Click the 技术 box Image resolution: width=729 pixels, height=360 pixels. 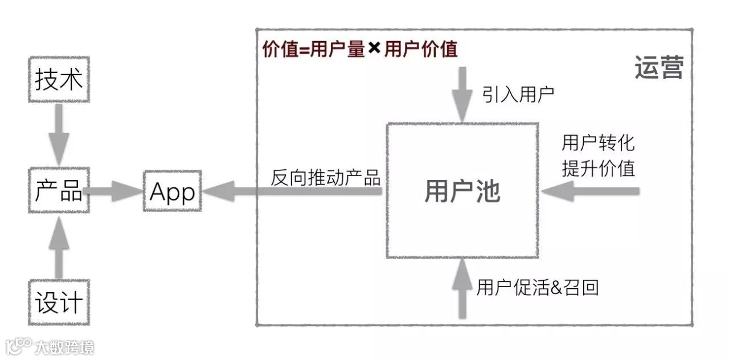[x=59, y=80]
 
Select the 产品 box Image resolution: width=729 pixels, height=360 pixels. [x=59, y=191]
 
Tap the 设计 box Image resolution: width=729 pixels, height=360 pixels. [x=59, y=302]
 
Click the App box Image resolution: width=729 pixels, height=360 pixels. [x=172, y=191]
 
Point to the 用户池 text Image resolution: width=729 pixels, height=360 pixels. [x=462, y=191]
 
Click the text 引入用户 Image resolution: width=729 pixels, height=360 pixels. [x=518, y=94]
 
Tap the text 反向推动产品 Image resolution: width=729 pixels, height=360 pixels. [x=325, y=177]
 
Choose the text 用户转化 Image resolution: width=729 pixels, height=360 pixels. [x=598, y=142]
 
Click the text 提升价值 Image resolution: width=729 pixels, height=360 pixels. [x=598, y=168]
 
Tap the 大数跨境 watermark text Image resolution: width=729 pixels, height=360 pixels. [x=64, y=346]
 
